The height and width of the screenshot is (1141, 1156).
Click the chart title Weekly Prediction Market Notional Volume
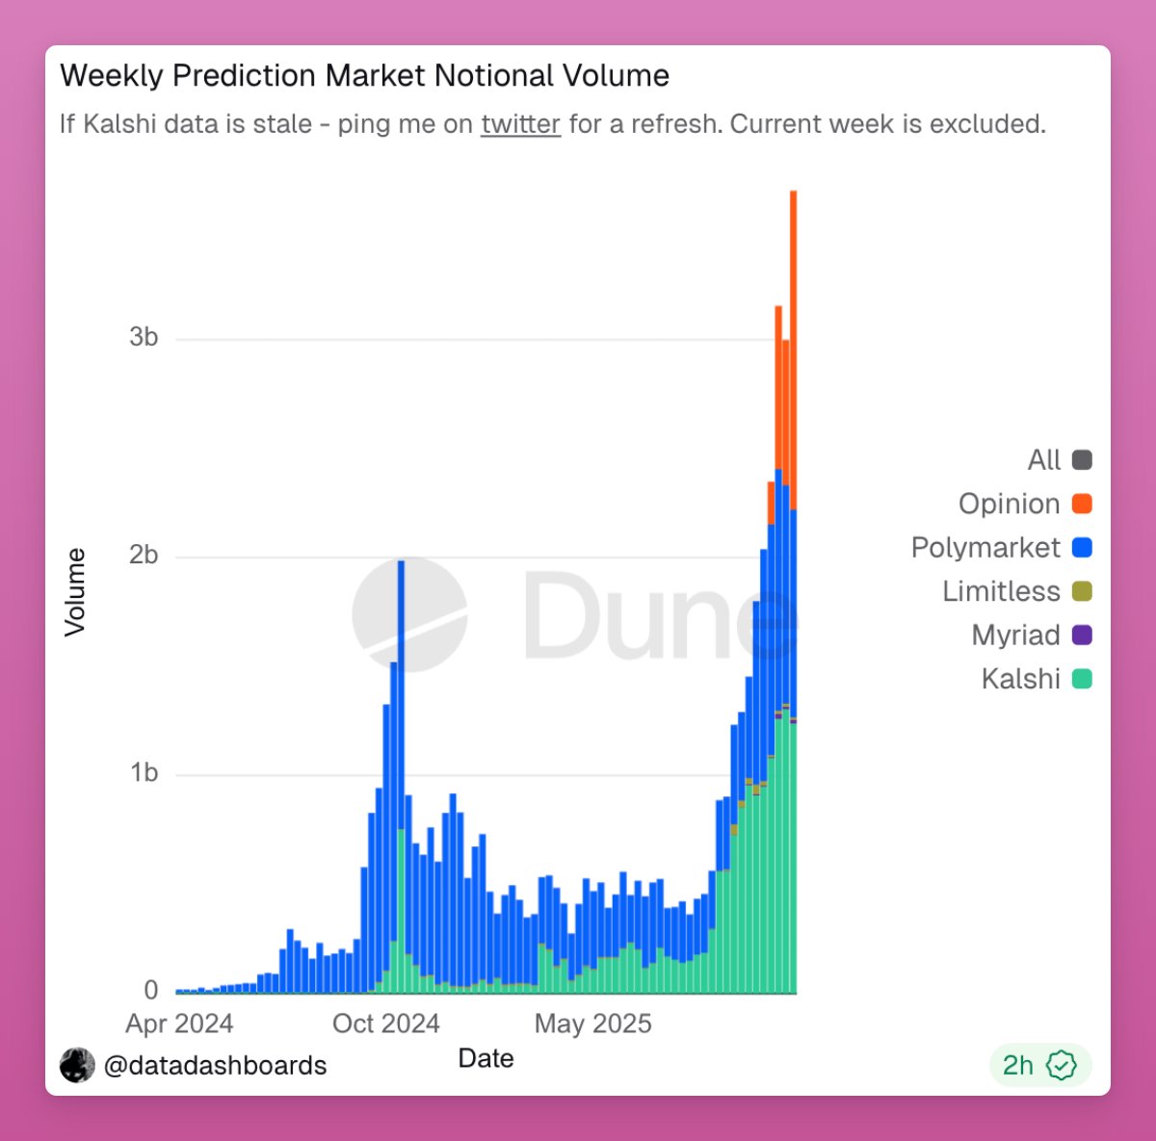pyautogui.click(x=364, y=76)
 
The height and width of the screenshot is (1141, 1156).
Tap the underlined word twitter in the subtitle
pyautogui.click(x=520, y=124)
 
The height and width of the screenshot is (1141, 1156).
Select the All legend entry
pyautogui.click(x=1059, y=460)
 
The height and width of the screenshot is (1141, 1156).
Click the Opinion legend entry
pyautogui.click(x=1024, y=504)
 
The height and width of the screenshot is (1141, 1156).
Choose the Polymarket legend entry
pyautogui.click(x=1001, y=548)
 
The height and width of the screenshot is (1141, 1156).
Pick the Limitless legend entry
pyautogui.click(x=1016, y=591)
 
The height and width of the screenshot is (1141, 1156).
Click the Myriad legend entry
pyautogui.click(x=1031, y=635)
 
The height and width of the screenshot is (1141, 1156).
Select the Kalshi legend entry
pyautogui.click(x=1036, y=679)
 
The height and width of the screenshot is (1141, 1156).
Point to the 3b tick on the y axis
pyautogui.click(x=144, y=337)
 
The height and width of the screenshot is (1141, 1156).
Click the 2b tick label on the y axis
pyautogui.click(x=144, y=556)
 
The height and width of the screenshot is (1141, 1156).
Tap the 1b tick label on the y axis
pyautogui.click(x=144, y=773)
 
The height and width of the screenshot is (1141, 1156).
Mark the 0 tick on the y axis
pyautogui.click(x=150, y=990)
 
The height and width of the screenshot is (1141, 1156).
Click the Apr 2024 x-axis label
pyautogui.click(x=179, y=1024)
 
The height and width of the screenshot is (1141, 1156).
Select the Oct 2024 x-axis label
pyautogui.click(x=385, y=1024)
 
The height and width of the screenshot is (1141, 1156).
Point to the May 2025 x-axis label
pyautogui.click(x=592, y=1024)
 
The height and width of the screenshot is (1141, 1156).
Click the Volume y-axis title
pyautogui.click(x=75, y=592)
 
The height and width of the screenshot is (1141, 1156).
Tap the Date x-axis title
pyautogui.click(x=486, y=1058)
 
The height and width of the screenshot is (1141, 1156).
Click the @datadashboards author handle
pyautogui.click(x=214, y=1066)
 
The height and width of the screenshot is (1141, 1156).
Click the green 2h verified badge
pyautogui.click(x=1039, y=1065)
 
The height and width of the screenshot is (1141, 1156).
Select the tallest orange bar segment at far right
pyautogui.click(x=793, y=347)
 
